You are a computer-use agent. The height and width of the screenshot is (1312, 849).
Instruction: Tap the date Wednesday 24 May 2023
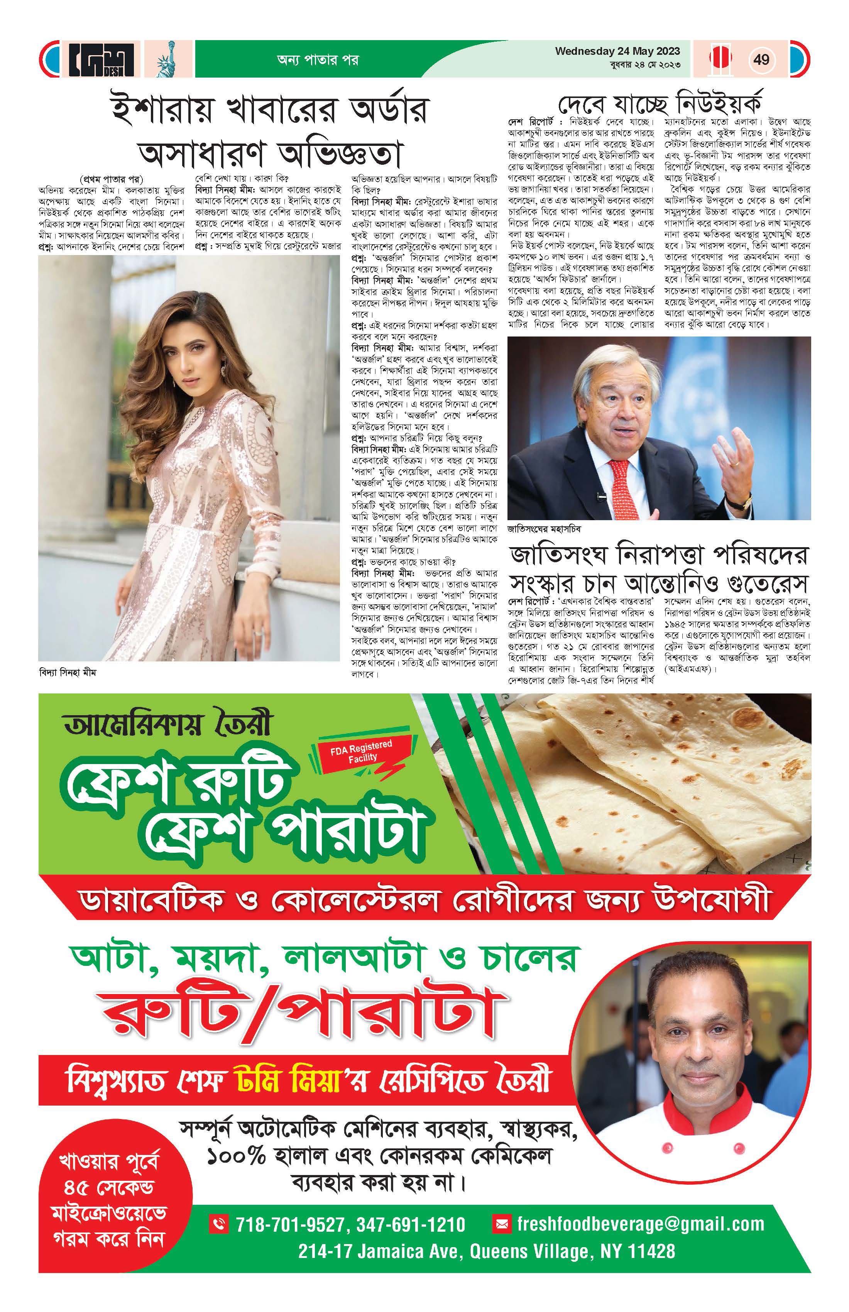(617, 51)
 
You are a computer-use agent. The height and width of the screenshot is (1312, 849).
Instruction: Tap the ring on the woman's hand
(257, 636)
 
